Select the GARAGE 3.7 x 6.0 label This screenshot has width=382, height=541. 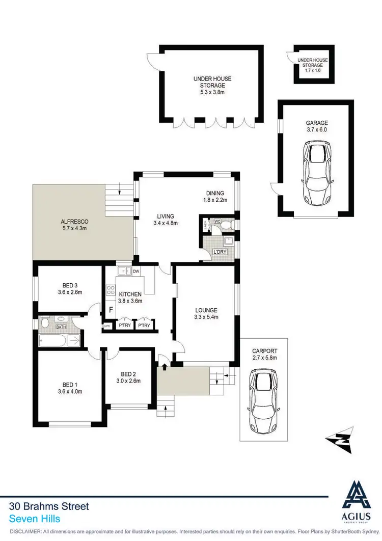317,126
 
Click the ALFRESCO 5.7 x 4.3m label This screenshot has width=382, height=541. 75,225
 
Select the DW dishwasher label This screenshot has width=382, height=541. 136,272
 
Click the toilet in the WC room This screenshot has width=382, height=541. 226,224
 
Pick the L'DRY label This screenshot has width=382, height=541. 220,252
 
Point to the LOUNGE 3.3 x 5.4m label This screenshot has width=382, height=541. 206,314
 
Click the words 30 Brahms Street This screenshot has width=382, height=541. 49,506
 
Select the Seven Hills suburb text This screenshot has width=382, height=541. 35,519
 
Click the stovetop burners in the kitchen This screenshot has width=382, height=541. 110,291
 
